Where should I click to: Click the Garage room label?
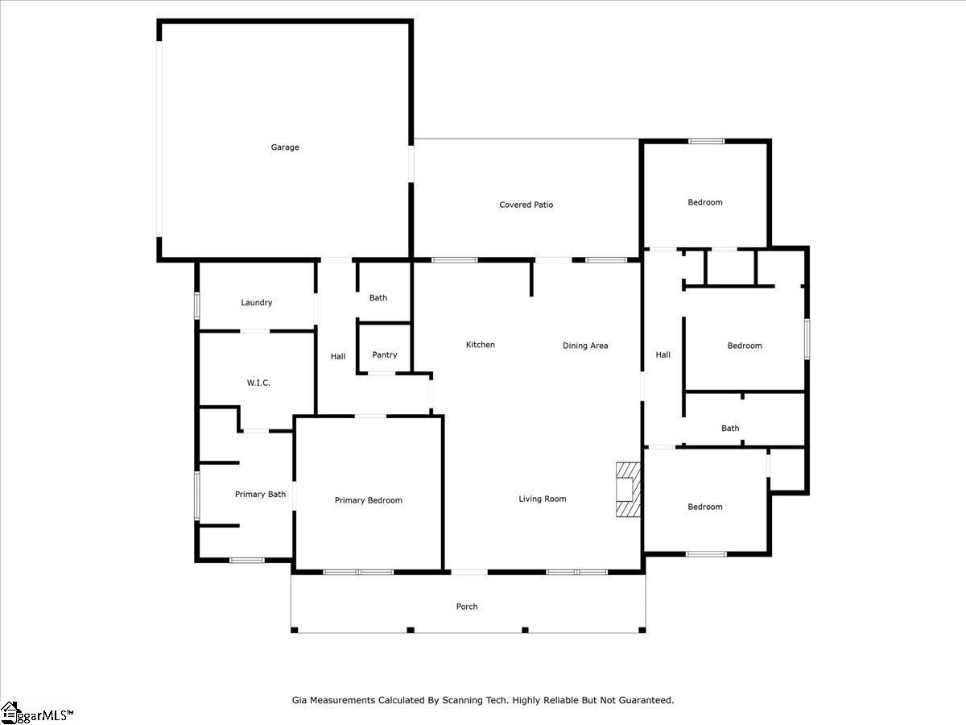coord(285,147)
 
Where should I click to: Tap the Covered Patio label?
coord(526,205)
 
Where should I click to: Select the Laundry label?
coord(257,303)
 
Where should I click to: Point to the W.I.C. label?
coord(258,383)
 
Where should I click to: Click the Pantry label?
coord(385,354)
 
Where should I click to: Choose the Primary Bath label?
coord(260,495)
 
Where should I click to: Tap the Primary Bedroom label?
coord(369,500)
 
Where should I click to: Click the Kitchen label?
coord(480,345)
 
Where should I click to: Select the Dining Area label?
coord(585,346)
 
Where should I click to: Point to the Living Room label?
coord(543,499)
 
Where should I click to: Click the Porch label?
coord(467,607)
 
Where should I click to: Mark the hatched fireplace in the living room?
coord(628,490)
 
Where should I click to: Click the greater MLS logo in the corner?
coord(36,713)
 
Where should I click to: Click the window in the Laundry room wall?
coord(196,305)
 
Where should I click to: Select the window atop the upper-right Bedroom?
coord(706,141)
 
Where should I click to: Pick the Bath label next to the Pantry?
coord(378,298)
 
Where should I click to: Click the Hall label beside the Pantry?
coord(338,357)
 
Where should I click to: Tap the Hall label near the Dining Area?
coord(663,354)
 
